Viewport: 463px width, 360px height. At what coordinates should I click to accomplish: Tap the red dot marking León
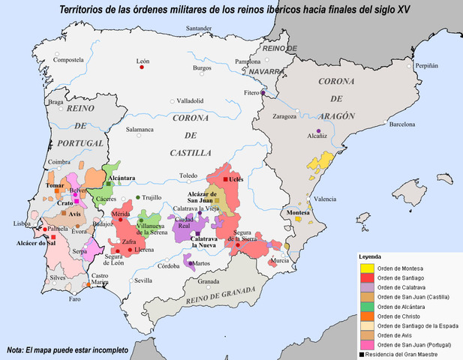[x=141, y=67]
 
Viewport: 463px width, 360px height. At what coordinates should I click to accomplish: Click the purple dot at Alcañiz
[x=319, y=132]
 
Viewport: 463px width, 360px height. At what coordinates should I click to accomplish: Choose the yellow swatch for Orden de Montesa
[x=366, y=268]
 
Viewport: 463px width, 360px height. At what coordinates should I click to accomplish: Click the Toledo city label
[x=188, y=175]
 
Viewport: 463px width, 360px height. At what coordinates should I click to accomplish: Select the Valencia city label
[x=325, y=199]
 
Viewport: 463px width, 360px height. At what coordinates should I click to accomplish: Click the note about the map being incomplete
[x=68, y=350]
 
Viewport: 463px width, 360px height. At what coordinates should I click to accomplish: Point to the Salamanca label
[x=140, y=129]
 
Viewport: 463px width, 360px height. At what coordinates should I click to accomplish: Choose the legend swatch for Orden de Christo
[x=366, y=317]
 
